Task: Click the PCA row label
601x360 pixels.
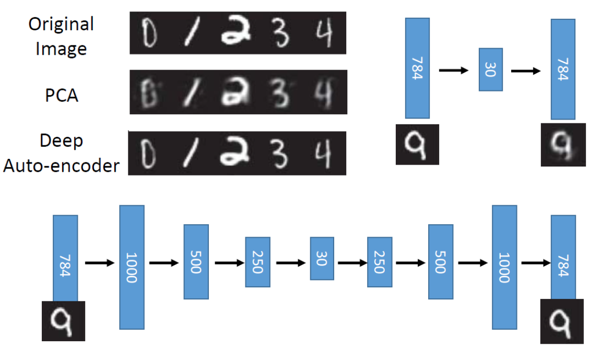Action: [x=62, y=96]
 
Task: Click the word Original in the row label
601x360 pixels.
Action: [x=61, y=24]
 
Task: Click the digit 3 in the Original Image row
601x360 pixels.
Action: [x=280, y=34]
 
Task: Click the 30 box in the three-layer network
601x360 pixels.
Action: [x=490, y=69]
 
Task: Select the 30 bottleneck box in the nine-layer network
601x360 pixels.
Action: [x=322, y=258]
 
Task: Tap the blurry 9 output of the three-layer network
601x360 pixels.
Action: [x=563, y=145]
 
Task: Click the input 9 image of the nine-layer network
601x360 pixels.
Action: [x=63, y=321]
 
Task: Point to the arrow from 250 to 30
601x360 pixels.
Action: [x=290, y=263]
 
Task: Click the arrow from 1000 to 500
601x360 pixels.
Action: [x=163, y=263]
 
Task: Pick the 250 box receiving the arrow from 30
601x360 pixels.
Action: [x=379, y=262]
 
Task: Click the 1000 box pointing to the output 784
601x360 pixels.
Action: [x=504, y=267]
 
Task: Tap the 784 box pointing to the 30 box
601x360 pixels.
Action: [x=417, y=68]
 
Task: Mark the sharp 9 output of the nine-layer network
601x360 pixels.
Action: [x=561, y=321]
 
